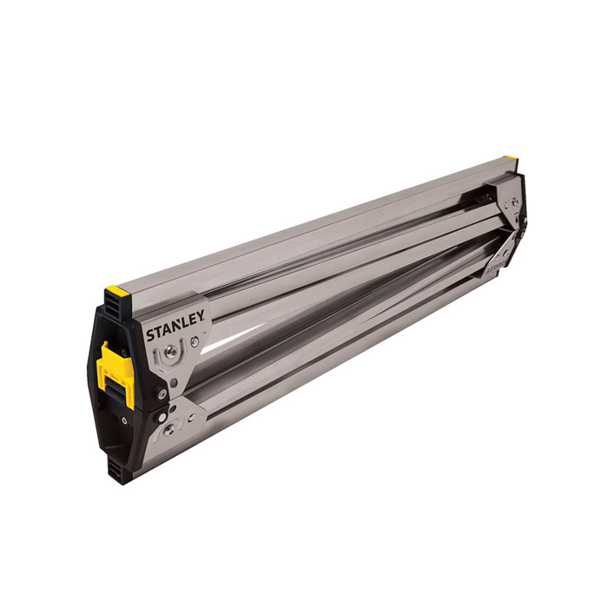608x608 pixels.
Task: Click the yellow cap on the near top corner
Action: click(117, 291)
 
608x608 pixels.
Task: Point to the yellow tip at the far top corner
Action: click(512, 160)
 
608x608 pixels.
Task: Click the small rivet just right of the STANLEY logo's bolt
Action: click(194, 342)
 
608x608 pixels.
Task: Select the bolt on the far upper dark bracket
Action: click(514, 201)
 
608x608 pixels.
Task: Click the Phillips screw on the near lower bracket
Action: click(169, 428)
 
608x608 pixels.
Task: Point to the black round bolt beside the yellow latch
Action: click(160, 392)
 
